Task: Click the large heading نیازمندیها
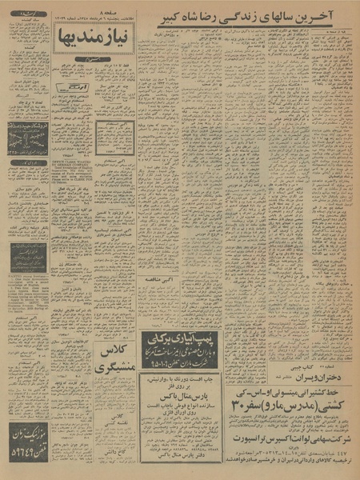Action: click(89, 35)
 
